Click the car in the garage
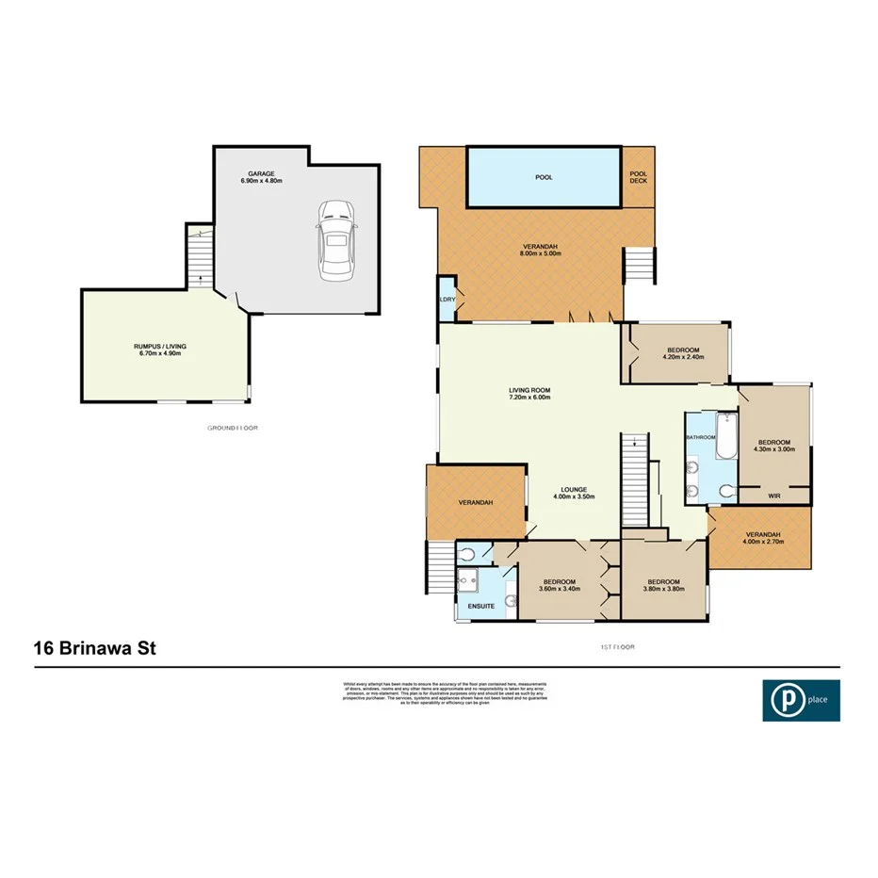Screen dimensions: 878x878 click(336, 238)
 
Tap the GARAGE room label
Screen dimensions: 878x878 click(261, 174)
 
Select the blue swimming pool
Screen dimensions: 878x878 click(544, 176)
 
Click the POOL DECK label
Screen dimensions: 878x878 click(639, 176)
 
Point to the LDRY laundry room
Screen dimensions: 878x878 click(447, 300)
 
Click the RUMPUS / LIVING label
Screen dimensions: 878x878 click(160, 347)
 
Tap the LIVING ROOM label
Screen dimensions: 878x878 click(528, 389)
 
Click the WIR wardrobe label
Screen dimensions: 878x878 click(775, 494)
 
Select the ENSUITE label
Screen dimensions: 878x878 click(481, 607)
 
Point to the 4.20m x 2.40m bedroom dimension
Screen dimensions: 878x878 click(684, 357)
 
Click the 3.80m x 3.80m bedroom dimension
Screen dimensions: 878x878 click(663, 589)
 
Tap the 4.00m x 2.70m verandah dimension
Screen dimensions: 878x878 click(761, 540)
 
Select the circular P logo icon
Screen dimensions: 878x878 click(782, 701)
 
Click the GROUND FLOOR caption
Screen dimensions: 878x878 click(232, 428)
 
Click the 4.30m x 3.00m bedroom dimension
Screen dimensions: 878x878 click(774, 449)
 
